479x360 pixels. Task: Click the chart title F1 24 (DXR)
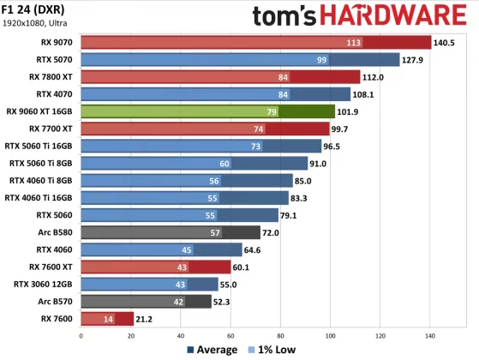tap(38, 9)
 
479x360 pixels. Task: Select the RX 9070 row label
tap(54, 42)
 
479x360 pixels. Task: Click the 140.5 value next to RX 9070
tap(446, 42)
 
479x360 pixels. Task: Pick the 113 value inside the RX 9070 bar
tap(352, 42)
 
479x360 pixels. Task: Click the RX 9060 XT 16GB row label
tap(39, 111)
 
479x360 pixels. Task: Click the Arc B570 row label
tap(53, 301)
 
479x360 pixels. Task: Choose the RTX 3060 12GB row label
tap(44, 284)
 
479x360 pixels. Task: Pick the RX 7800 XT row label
tap(49, 77)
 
